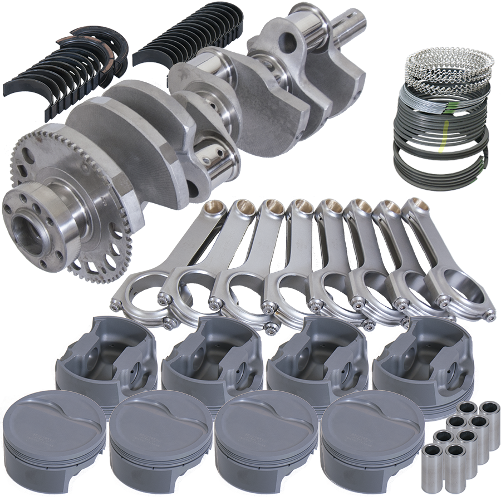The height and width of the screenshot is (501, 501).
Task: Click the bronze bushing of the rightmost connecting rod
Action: click(x=419, y=205)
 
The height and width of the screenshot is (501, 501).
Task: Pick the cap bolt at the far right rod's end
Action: click(x=490, y=316)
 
